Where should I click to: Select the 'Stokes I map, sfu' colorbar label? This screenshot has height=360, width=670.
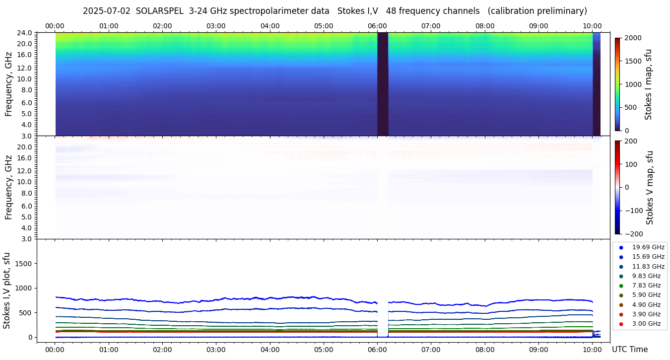tap(648, 84)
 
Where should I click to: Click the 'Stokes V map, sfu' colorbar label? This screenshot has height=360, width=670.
tap(650, 188)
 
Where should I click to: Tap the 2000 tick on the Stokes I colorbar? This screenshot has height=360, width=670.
tap(633, 38)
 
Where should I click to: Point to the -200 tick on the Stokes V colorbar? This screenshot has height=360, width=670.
tap(634, 234)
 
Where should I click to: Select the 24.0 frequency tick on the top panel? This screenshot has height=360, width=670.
tap(25, 33)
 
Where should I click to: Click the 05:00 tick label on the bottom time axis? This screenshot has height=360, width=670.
tap(324, 349)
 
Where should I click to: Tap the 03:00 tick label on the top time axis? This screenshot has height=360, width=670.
tap(216, 26)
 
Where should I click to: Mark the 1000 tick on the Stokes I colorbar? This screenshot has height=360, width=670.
tap(633, 84)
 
